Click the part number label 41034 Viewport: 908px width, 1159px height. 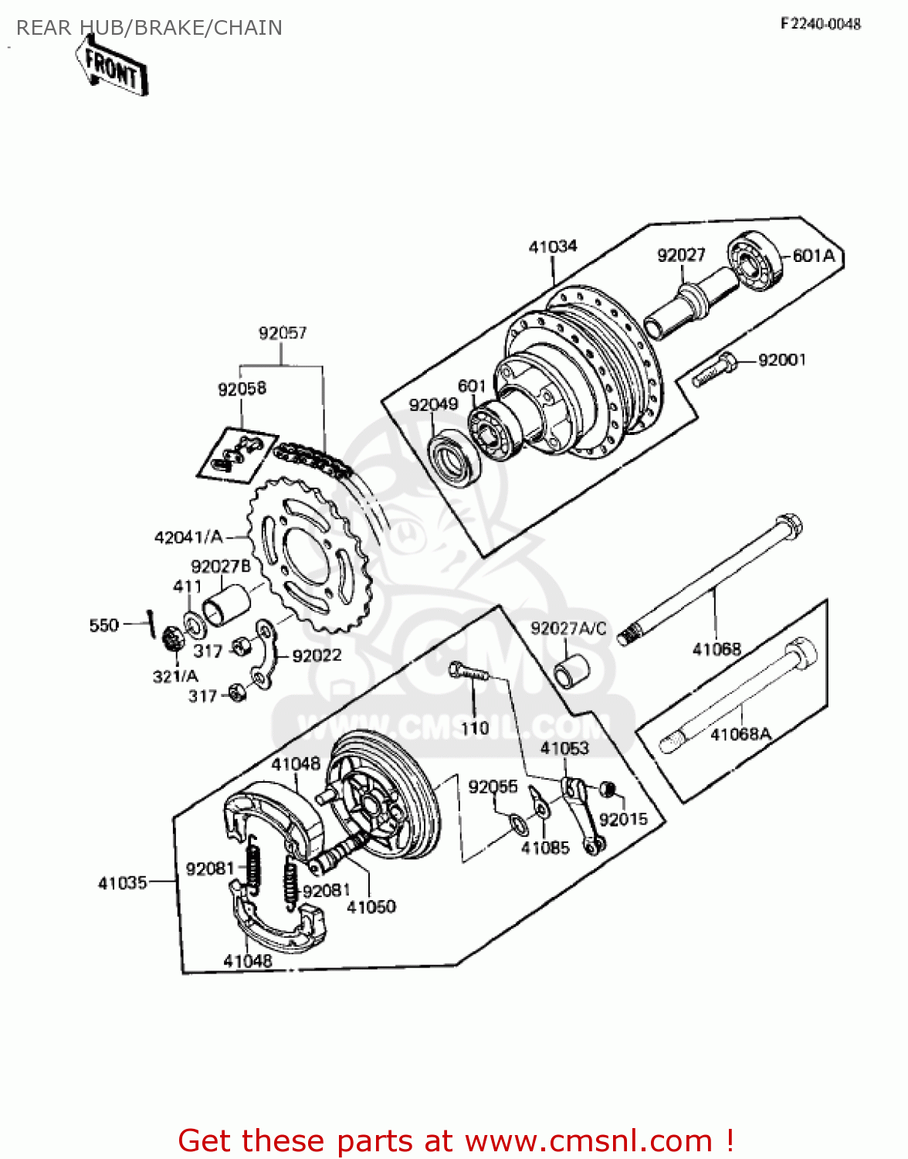tap(553, 246)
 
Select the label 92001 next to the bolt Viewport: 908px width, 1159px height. tap(781, 360)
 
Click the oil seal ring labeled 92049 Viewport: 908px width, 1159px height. tap(456, 461)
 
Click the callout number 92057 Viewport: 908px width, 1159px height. tap(283, 333)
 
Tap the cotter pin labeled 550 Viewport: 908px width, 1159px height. tap(151, 624)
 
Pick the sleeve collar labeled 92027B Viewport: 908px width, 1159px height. tap(227, 606)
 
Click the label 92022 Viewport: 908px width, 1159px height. tap(317, 655)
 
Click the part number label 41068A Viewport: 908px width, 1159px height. tap(740, 734)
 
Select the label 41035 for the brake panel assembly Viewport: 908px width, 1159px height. tap(122, 882)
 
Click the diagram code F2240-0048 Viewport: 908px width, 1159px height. tap(820, 24)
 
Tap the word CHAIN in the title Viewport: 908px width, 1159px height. tap(248, 28)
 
